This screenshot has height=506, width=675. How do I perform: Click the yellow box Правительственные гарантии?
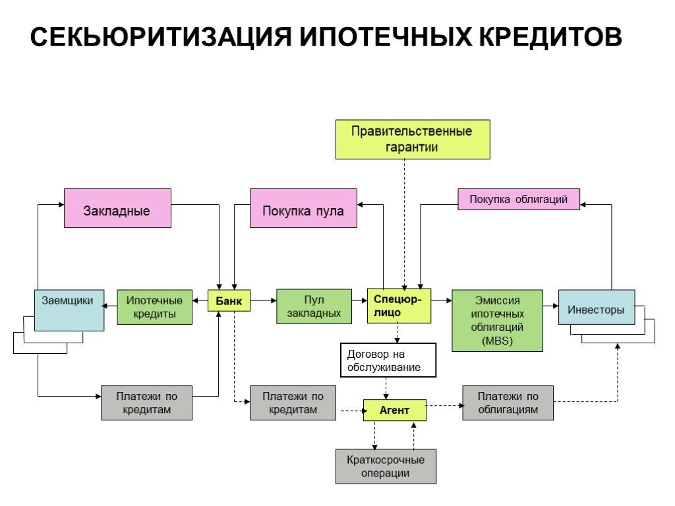[x=412, y=139]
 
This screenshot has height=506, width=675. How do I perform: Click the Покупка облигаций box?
[x=518, y=199]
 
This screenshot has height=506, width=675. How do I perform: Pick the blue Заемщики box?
[x=69, y=310]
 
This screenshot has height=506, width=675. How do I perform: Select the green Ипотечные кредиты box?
[x=154, y=307]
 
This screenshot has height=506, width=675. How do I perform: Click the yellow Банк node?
[x=229, y=301]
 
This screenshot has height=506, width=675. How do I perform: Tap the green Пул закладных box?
[x=314, y=306]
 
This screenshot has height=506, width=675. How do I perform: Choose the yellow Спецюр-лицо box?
[x=399, y=306]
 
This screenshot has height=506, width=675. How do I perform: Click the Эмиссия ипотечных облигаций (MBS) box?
[x=496, y=320]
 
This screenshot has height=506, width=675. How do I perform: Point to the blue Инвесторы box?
[x=596, y=307]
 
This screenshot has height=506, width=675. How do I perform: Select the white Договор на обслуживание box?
[x=388, y=360]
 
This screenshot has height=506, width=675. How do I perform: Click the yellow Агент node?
[x=394, y=410]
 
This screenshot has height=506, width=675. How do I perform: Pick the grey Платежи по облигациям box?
[x=507, y=403]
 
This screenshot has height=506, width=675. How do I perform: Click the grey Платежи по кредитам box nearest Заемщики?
[x=146, y=403]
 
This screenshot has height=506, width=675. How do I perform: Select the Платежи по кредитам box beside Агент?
[x=293, y=403]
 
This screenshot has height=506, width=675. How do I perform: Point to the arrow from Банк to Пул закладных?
[x=263, y=301]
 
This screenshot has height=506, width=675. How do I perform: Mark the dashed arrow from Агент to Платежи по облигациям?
[x=444, y=406]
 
